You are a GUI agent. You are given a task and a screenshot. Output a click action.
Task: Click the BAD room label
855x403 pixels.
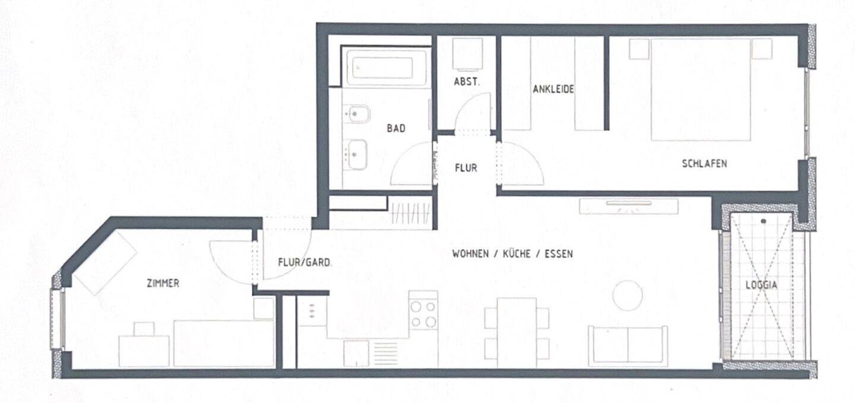(396, 128)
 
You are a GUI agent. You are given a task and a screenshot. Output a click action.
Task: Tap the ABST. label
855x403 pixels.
(467, 82)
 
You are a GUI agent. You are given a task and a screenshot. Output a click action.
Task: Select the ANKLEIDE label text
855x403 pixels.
(553, 89)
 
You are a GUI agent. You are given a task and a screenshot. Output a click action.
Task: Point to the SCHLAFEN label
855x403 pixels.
(704, 164)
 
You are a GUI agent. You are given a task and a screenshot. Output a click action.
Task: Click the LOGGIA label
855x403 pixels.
(761, 285)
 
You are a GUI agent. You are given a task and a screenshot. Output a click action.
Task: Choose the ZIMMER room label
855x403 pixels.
(163, 283)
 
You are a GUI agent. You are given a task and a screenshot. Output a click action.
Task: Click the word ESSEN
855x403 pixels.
(558, 254)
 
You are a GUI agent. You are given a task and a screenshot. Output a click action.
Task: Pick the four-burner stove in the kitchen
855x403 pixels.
(423, 315)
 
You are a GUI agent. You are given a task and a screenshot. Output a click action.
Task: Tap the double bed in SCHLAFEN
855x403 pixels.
(701, 89)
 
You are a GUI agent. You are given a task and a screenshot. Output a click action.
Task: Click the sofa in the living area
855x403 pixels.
(628, 346)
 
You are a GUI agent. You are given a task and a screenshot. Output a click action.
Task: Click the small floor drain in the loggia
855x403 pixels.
(763, 221)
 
